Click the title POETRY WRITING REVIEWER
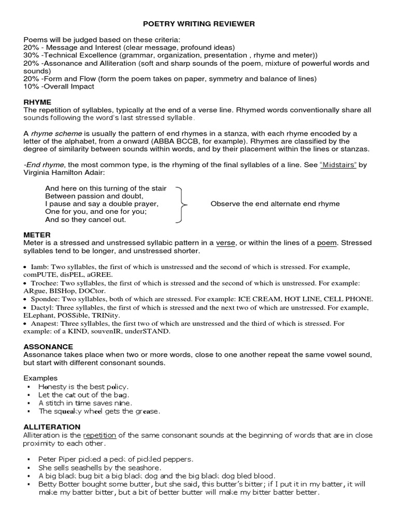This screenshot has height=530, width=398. (x=199, y=24)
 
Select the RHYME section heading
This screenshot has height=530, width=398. (x=37, y=102)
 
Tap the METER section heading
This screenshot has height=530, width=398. (x=37, y=235)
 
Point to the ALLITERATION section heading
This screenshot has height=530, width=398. (x=52, y=427)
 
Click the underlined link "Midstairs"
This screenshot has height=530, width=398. (x=338, y=165)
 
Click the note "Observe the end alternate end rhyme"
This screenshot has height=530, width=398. (x=275, y=204)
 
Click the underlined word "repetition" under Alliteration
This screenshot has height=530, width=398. (x=99, y=435)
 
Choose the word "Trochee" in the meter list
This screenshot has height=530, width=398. (x=44, y=283)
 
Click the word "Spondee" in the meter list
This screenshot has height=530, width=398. (x=45, y=299)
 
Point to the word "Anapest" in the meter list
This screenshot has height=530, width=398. (x=45, y=323)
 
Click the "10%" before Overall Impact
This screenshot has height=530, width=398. (x=32, y=86)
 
